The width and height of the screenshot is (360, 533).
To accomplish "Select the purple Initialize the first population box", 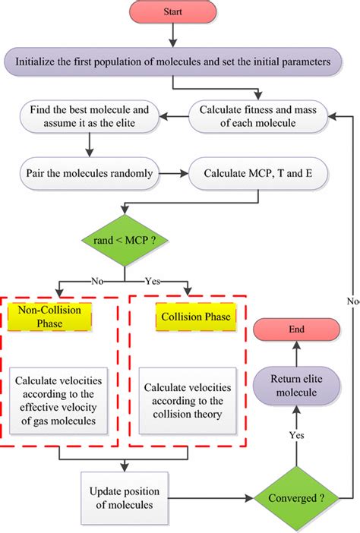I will pos(172,62).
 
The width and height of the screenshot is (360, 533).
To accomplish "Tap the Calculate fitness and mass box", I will pos(258,115).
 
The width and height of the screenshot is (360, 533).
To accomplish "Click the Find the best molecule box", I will pos(90,115).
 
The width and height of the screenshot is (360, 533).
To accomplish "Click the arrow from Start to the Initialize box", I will pos(172,36).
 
